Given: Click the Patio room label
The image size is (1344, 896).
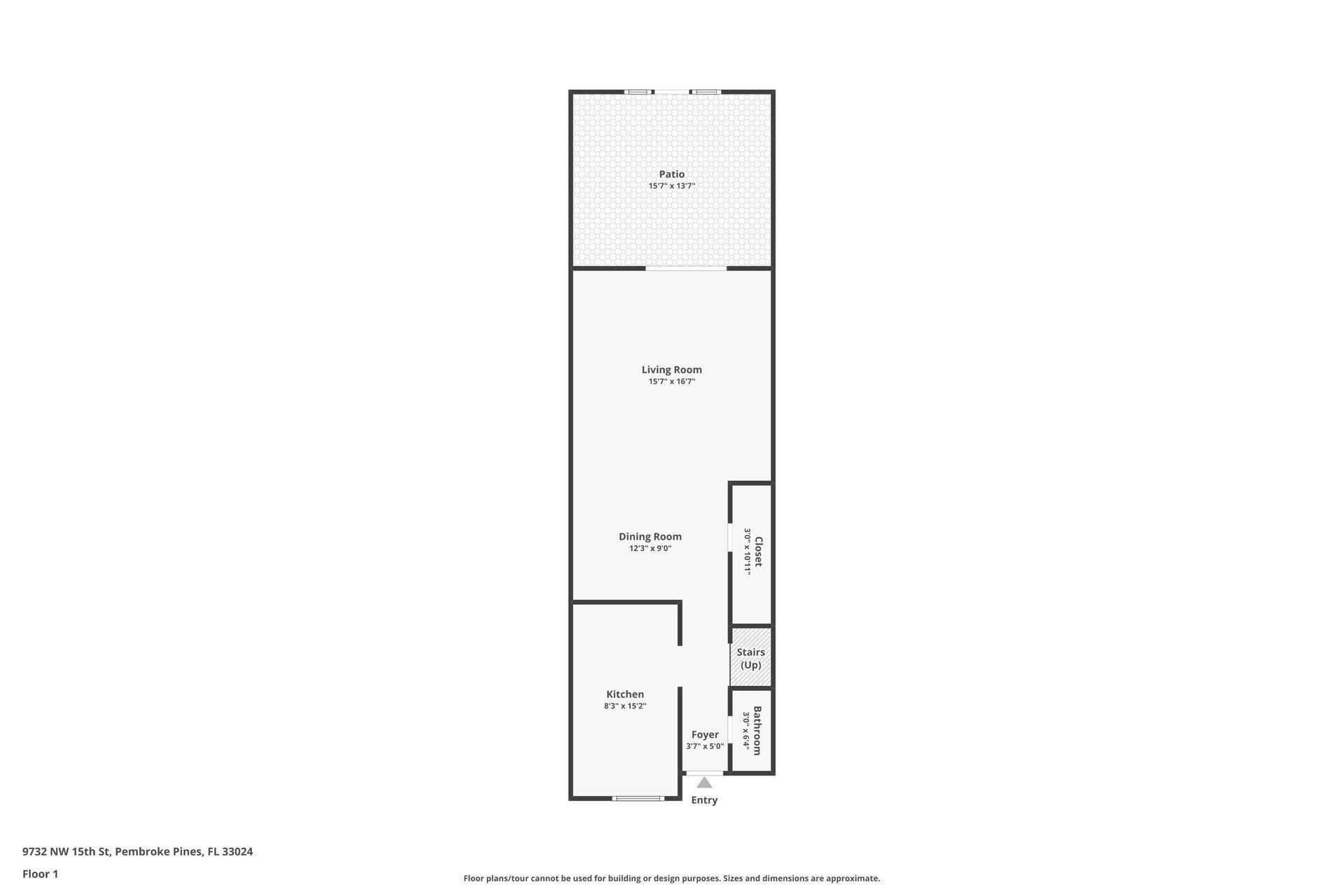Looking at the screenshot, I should click(x=671, y=174).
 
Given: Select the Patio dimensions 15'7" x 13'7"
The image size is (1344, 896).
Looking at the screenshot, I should click(x=671, y=186).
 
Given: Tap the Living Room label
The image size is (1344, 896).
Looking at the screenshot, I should click(x=671, y=370).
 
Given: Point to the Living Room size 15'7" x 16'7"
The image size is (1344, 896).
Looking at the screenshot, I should click(x=671, y=381).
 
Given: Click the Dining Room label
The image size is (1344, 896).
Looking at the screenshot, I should click(x=650, y=537).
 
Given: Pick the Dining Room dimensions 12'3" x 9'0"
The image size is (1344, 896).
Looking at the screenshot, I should click(x=650, y=549).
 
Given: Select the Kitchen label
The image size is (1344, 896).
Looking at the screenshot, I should click(x=625, y=694).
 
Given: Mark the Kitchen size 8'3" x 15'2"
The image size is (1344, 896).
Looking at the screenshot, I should click(x=625, y=706).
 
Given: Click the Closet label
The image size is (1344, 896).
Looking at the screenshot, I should click(x=758, y=552).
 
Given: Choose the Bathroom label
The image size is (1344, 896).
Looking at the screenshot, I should click(x=757, y=731).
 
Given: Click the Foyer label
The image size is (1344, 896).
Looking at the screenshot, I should click(x=705, y=735).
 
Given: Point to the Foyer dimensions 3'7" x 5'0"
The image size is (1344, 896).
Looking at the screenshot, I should click(x=705, y=747).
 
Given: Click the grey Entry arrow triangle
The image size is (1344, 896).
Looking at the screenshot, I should click(x=704, y=783).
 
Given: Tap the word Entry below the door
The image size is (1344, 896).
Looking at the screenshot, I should click(x=704, y=800).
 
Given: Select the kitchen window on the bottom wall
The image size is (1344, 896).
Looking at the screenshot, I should click(x=638, y=798).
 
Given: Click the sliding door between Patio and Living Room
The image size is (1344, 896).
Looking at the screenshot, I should click(x=686, y=268).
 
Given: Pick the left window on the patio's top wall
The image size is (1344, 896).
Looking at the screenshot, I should click(x=638, y=92).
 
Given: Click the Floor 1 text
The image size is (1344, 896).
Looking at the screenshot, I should click(x=40, y=874).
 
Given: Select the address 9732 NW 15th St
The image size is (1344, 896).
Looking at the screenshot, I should click(x=137, y=852).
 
